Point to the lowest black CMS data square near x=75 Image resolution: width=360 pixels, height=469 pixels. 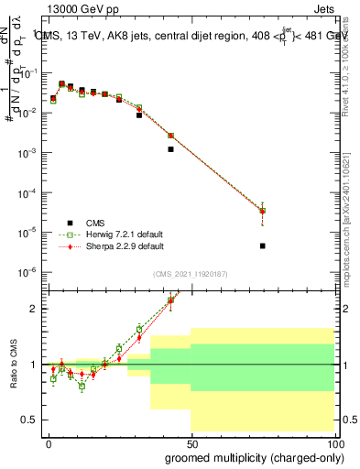click(263, 245)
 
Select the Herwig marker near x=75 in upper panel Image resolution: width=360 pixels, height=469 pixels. click(263, 211)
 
